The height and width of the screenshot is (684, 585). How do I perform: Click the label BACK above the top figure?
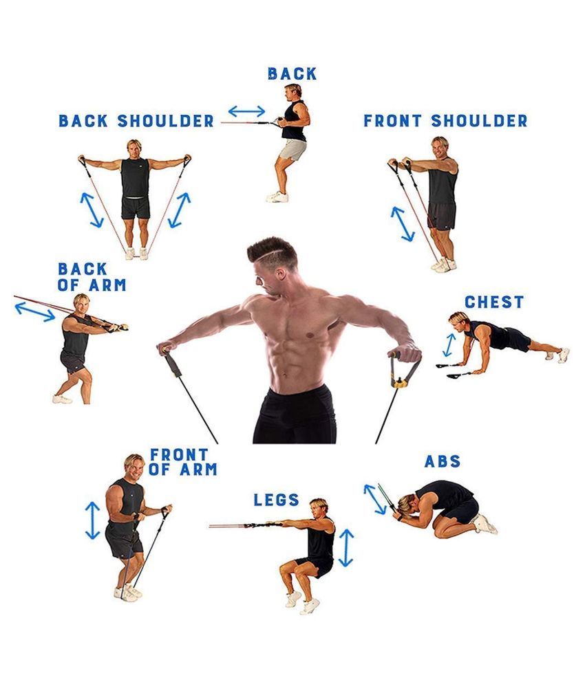[x=292, y=74]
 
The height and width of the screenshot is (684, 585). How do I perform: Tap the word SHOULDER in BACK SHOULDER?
[x=166, y=121]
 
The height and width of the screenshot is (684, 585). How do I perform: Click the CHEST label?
[x=493, y=302]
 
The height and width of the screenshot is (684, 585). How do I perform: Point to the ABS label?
[x=442, y=461]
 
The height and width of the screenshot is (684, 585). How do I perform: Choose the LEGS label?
[x=276, y=500]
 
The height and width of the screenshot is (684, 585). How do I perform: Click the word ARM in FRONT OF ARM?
[x=198, y=470]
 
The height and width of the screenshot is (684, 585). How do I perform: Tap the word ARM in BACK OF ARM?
[x=107, y=285]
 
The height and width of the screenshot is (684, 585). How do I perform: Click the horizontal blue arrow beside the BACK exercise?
[x=247, y=111]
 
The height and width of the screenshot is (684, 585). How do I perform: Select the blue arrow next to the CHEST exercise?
[x=449, y=345]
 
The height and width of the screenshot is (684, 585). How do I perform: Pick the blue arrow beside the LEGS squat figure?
[x=346, y=548]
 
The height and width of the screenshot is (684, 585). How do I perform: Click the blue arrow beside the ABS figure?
[x=375, y=499]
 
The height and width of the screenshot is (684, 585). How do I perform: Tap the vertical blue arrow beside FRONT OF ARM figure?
[x=93, y=520]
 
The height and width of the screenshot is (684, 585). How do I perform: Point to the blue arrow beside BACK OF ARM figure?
[x=35, y=312]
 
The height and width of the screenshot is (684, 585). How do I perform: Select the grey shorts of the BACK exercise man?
[x=292, y=150]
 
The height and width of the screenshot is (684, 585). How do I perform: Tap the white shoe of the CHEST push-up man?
[x=564, y=355]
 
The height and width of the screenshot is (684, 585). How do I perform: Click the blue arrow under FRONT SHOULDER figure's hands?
[x=403, y=224]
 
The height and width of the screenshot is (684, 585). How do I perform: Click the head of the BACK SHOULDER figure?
[x=134, y=148]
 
